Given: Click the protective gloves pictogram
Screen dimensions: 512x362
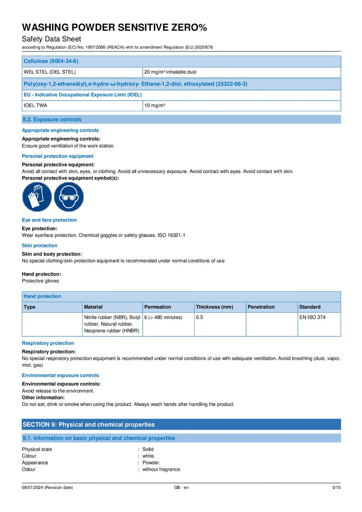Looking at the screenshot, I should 37,197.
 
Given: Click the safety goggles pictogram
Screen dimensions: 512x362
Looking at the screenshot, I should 68,197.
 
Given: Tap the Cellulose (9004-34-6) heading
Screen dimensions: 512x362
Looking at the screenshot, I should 51,61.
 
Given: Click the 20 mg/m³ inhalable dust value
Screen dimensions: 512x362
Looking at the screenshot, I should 170,72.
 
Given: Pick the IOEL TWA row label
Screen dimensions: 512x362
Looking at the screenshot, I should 36,106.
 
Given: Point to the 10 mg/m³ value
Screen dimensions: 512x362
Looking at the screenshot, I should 155,106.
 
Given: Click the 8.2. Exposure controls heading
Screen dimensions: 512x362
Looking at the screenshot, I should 52,120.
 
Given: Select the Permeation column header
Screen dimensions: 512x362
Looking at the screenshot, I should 158,307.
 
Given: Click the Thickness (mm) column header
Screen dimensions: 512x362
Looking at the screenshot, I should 214,307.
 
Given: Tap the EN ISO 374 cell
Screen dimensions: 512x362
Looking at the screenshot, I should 312,317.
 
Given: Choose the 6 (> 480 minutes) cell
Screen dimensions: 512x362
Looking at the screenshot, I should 163,317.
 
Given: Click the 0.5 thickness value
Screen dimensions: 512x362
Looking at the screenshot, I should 199,317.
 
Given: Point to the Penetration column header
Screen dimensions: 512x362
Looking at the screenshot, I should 261,307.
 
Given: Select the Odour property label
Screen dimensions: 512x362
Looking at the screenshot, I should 29,469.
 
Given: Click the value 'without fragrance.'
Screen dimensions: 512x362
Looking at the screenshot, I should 161,469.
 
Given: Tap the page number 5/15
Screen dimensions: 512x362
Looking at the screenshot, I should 336,488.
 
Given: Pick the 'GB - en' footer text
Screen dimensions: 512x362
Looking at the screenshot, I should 181,488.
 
